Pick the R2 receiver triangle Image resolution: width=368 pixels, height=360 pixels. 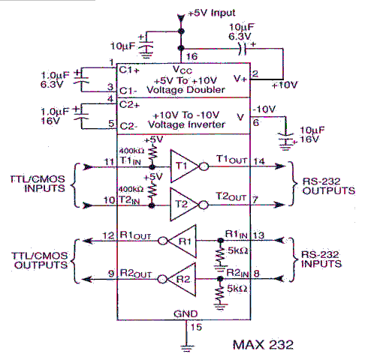pos(182,279)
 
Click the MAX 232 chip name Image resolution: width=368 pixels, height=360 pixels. pos(263,345)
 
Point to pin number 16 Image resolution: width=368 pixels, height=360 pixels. pos(192,57)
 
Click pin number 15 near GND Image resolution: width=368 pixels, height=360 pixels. pos(196,327)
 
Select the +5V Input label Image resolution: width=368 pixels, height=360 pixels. pos(212,13)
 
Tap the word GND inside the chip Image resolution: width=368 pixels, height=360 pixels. pos(186,313)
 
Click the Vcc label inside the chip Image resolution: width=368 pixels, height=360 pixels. pos(182,70)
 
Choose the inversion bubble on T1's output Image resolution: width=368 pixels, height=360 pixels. pos(204,166)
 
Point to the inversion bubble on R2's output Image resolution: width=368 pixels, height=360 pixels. pos(162,279)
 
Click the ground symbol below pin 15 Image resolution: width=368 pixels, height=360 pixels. pos(187,348)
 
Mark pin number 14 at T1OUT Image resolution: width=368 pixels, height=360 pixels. pos(259,161)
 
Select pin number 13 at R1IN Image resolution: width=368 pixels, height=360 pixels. pos(258,235)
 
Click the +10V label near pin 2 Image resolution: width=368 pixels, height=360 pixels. pos(285,85)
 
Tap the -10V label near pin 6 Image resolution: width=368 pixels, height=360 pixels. pos(264,109)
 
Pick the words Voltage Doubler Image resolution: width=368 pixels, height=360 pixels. pos(186,90)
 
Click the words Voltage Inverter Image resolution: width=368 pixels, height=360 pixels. pos(186,124)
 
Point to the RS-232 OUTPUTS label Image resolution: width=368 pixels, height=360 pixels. pos(329,186)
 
